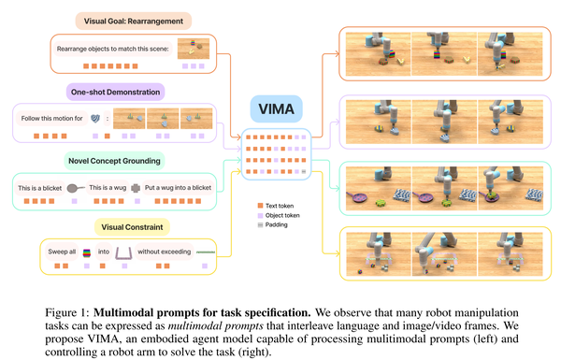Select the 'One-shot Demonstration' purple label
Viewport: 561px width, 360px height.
coord(115,92)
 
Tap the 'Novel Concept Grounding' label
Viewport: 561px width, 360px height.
coord(115,162)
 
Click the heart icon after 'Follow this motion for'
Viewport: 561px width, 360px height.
coord(95,119)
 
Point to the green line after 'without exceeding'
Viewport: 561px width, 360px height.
coord(204,252)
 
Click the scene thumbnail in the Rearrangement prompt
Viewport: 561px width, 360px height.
coord(194,49)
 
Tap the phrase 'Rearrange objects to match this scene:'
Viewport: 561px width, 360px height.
coord(108,50)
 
